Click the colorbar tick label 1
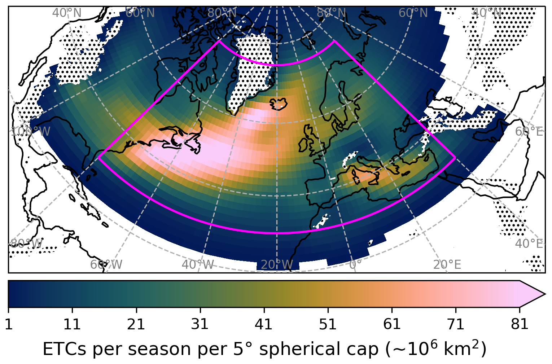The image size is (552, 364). click(8, 324)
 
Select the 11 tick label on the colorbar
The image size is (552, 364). click(72, 324)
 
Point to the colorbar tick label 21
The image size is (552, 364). click(136, 324)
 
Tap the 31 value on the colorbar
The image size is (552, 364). click(200, 324)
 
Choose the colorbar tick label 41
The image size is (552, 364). click(264, 324)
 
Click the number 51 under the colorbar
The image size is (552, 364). click(328, 324)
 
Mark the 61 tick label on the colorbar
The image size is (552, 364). click(392, 324)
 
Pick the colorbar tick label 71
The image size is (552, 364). click(456, 324)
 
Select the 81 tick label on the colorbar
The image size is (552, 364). click(520, 324)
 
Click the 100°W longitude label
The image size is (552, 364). click(30, 131)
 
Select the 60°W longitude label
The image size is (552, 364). click(106, 265)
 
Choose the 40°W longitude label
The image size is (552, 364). click(198, 265)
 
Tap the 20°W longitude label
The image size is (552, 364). click(277, 265)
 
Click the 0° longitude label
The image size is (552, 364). click(355, 265)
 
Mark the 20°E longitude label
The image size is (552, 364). click(447, 265)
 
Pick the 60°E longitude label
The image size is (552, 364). click(529, 132)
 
